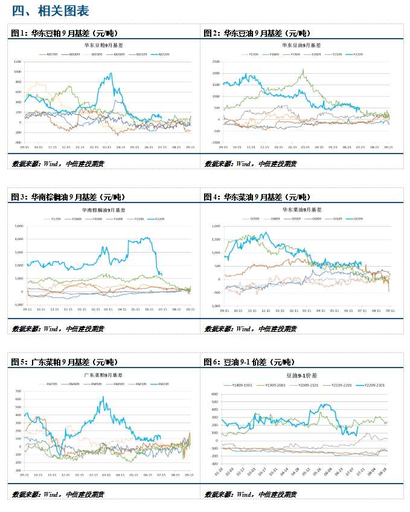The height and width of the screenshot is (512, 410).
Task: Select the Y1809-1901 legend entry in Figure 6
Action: [237, 385]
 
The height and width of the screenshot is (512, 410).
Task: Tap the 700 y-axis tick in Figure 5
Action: [18, 390]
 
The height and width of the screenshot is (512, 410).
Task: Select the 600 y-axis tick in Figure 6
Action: [214, 394]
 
